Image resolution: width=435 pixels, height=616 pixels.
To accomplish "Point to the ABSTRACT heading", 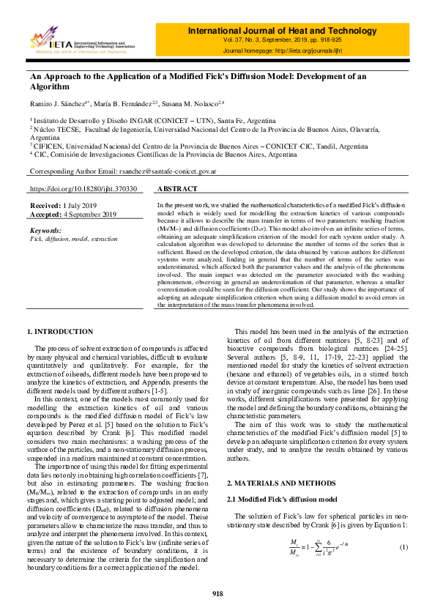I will click(177, 188).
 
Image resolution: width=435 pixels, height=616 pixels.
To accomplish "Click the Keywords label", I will click(47, 231).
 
